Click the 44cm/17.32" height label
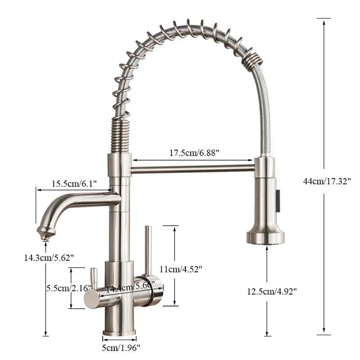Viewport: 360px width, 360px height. coord(327,181)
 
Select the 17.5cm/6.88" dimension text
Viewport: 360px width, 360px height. coord(194,153)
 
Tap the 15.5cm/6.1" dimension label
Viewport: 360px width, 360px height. coord(73,184)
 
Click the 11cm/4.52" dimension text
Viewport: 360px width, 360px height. coord(181,269)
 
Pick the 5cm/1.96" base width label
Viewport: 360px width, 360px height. coord(120,347)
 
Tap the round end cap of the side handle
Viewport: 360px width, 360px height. coord(91,298)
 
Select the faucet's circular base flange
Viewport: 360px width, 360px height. coord(119,333)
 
